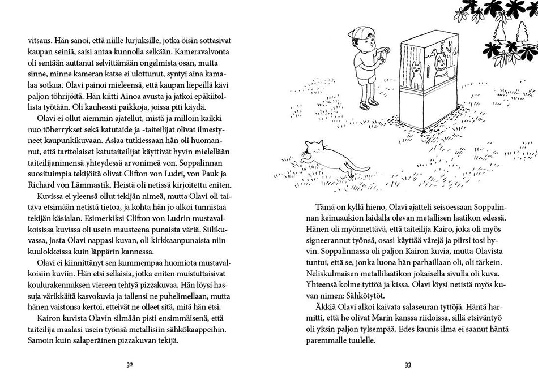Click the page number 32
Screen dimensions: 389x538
pyautogui.click(x=129, y=365)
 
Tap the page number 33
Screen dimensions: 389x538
pyautogui.click(x=408, y=365)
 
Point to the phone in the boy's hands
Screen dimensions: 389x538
pyautogui.click(x=385, y=52)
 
